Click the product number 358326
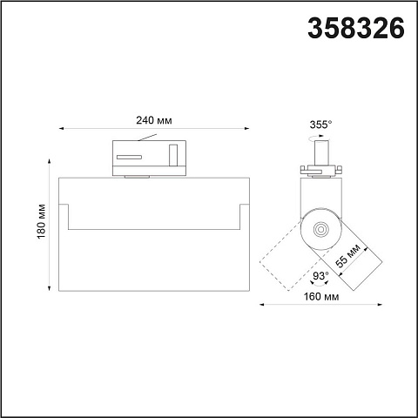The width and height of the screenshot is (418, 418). [356, 28]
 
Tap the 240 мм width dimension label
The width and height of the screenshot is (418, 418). [154, 120]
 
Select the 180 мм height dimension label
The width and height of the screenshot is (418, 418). [42, 221]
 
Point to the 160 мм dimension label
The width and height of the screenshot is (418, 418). [321, 297]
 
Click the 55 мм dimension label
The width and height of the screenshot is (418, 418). [347, 255]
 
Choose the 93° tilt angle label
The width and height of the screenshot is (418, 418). [320, 275]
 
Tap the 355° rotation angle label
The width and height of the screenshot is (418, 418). [320, 125]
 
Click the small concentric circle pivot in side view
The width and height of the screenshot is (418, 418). [320, 229]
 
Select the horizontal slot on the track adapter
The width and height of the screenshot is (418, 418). [129, 157]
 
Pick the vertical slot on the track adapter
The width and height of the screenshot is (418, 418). [173, 155]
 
